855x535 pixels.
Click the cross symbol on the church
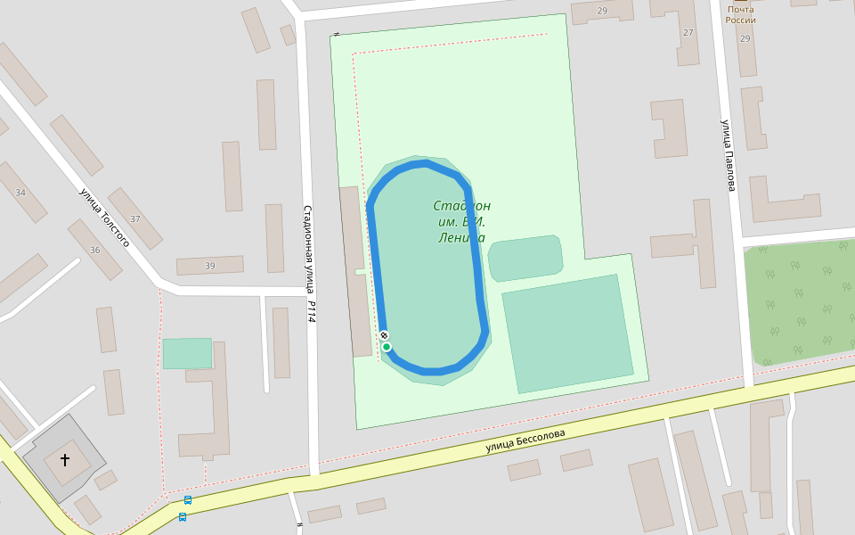[64, 460]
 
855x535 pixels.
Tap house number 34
[20, 193]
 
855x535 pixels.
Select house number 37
[135, 219]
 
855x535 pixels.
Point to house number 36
[95, 251]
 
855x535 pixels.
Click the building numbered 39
[210, 266]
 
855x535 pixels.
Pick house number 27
[688, 32]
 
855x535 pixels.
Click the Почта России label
[740, 14]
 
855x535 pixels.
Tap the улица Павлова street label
[729, 155]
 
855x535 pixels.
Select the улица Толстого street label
[104, 218]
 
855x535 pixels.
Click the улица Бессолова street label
[525, 440]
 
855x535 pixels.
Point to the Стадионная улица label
[307, 249]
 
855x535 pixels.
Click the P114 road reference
[312, 311]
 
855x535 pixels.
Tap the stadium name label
[461, 222]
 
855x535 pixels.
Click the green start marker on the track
[387, 347]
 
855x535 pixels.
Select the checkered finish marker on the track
[384, 335]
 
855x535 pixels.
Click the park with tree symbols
[800, 303]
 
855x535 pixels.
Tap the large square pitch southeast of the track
[568, 333]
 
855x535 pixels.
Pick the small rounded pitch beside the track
[525, 257]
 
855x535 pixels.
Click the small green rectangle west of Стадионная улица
[187, 353]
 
